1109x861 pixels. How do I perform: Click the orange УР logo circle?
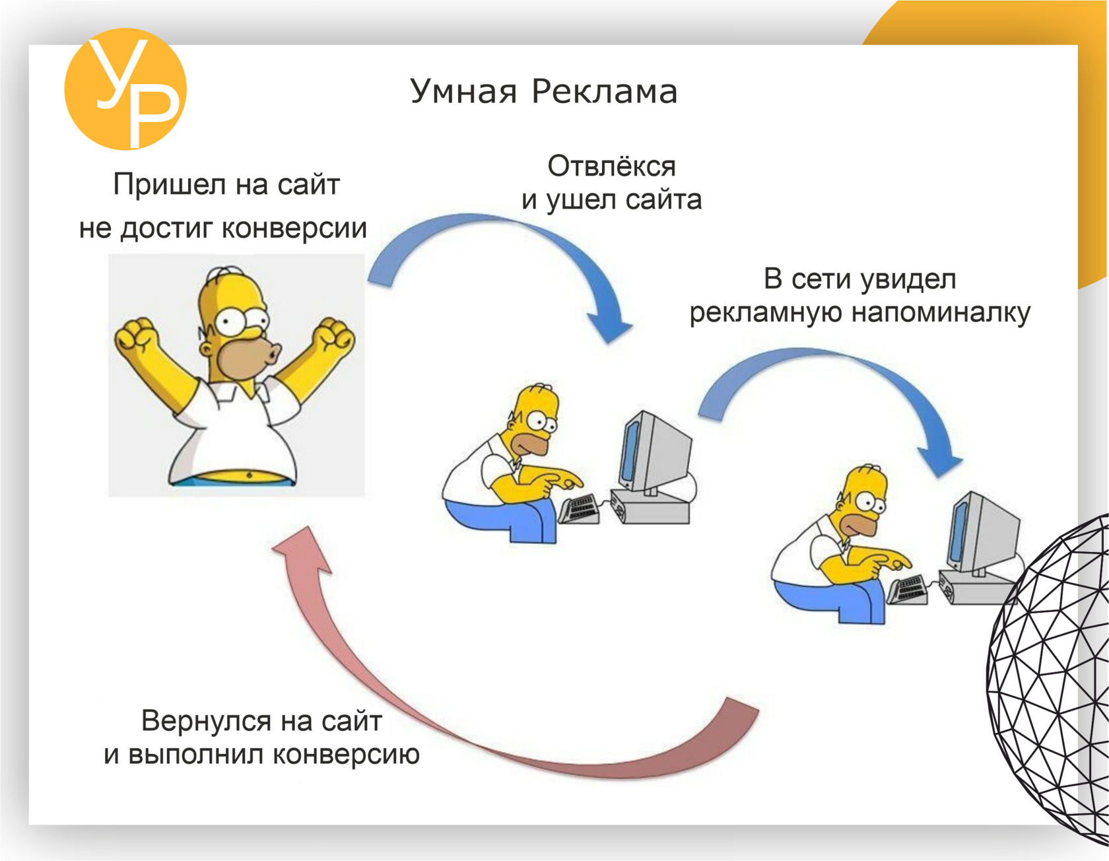coord(125,89)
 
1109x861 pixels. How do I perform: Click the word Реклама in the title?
coord(605,91)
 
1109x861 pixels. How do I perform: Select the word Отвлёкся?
coord(611,166)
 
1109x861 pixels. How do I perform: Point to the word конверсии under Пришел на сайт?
coord(294,228)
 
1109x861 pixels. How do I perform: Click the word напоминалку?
coord(941,313)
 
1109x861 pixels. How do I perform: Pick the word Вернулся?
coord(210,721)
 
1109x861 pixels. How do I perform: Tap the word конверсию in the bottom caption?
coord(346,755)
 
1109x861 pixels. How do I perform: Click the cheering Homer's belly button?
coord(249,475)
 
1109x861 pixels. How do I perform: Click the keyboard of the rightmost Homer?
coord(907,590)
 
